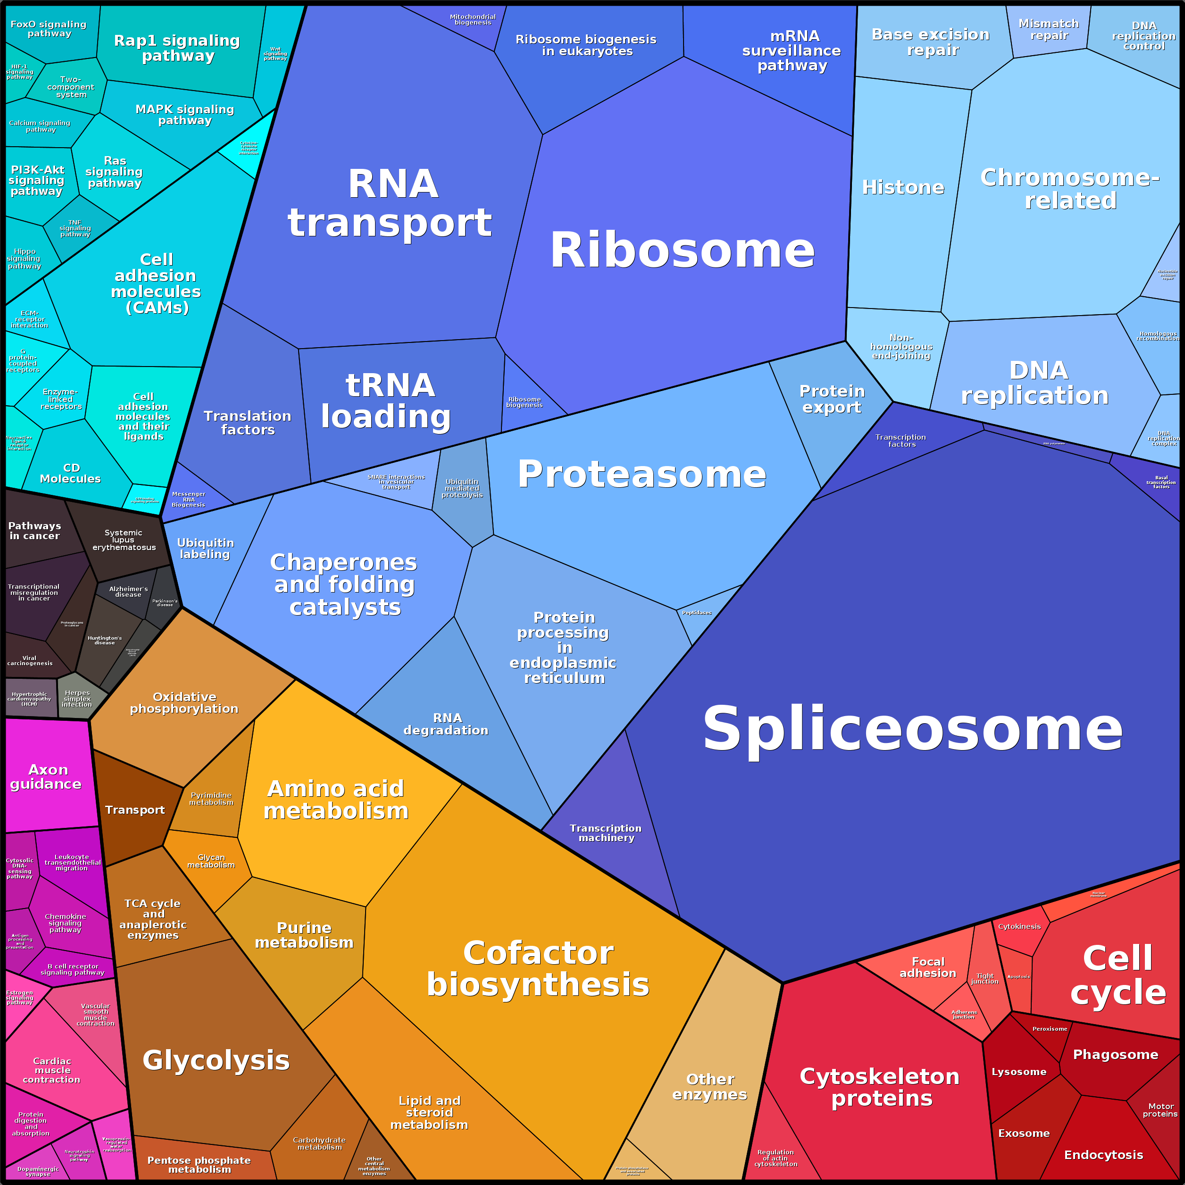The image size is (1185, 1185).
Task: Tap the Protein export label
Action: tap(832, 399)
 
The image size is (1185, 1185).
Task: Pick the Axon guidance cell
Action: tap(46, 776)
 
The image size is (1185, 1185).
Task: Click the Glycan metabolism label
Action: tap(211, 861)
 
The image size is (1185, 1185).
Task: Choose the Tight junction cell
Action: tap(985, 979)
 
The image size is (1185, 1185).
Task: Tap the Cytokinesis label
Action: tap(1019, 926)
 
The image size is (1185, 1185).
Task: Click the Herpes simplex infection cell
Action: tap(77, 699)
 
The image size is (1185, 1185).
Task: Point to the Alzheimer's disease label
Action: tap(128, 591)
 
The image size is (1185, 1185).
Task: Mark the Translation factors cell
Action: tap(248, 423)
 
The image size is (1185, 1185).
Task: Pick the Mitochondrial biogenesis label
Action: tap(472, 20)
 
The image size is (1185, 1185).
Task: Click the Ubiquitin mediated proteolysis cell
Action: tap(462, 488)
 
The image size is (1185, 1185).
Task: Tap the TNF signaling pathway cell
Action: tap(75, 228)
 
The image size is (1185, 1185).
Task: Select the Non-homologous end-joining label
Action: tap(901, 347)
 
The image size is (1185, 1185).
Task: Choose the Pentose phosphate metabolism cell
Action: tap(200, 1164)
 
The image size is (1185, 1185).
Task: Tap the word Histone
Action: tap(903, 187)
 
